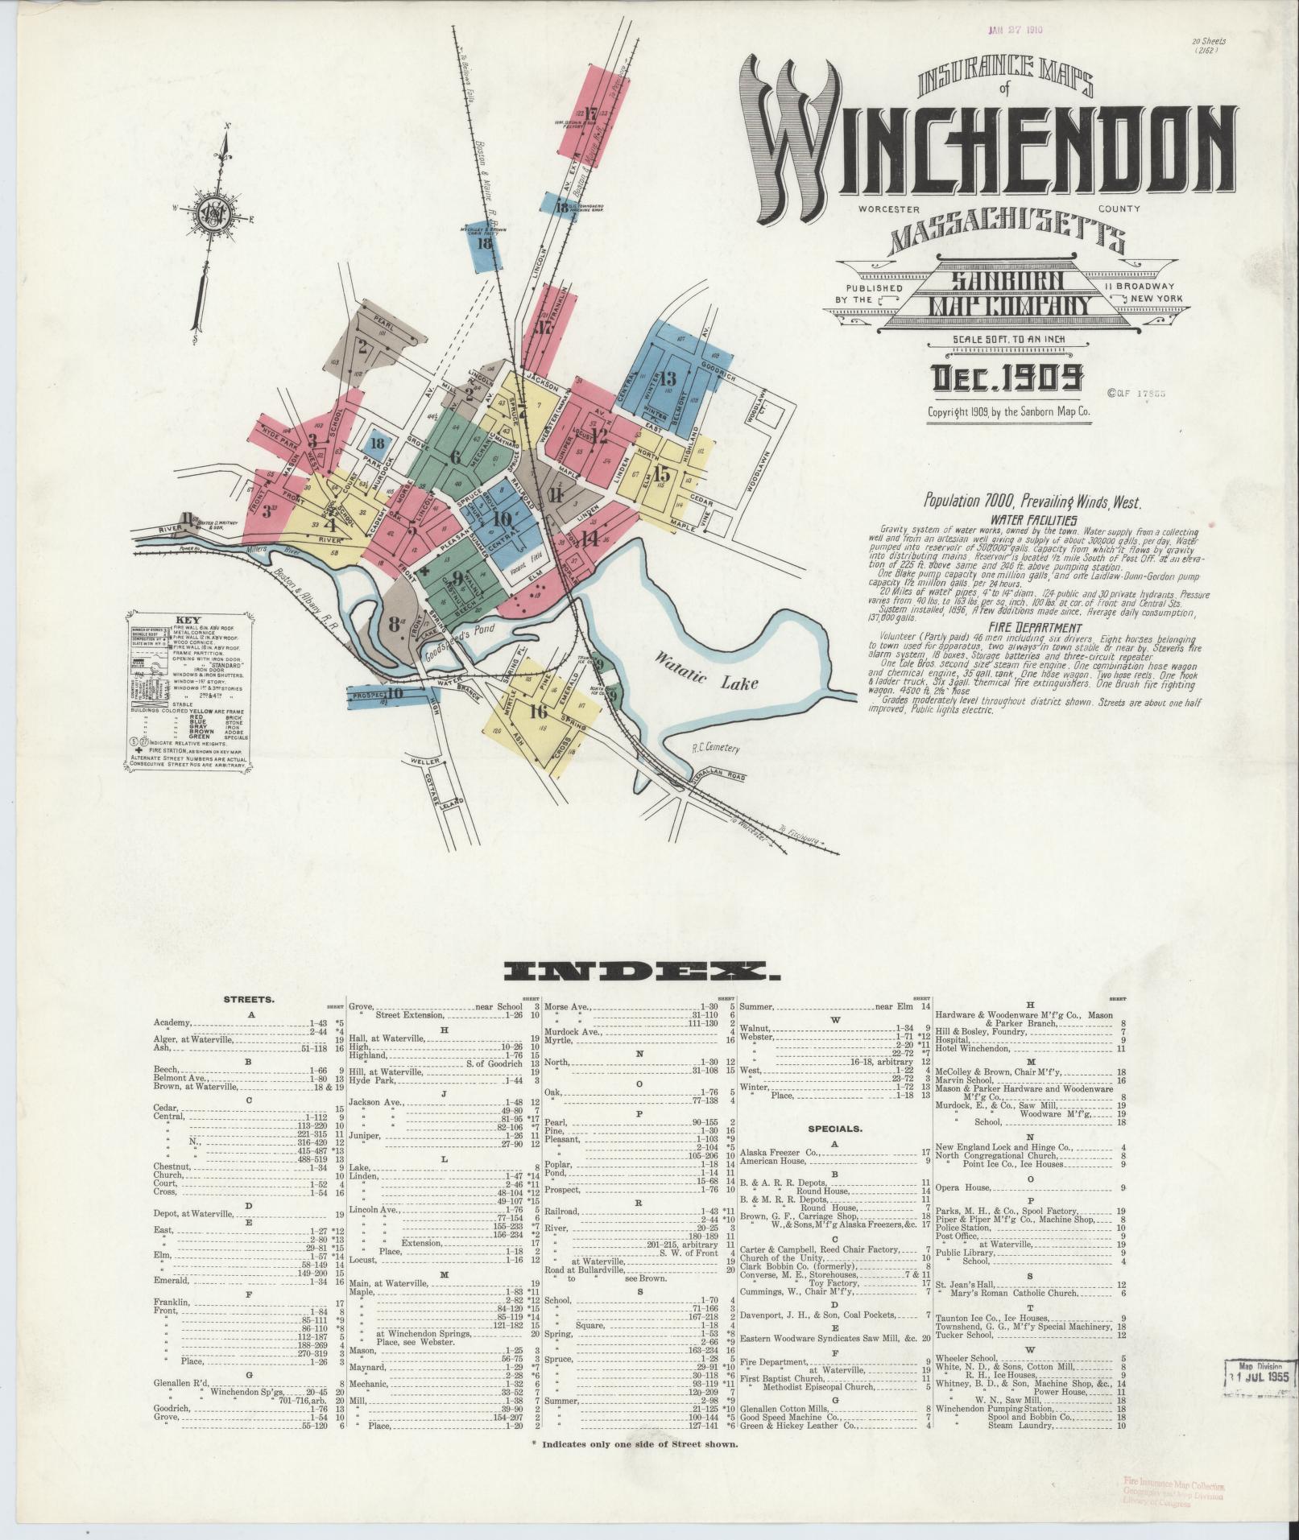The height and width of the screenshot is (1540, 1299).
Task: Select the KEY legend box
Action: (188, 692)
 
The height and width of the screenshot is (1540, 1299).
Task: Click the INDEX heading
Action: (641, 973)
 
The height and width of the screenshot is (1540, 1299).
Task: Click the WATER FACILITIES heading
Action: (1034, 521)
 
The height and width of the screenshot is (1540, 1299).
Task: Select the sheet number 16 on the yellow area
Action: (539, 711)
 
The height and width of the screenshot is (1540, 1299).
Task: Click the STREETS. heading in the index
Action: (250, 1000)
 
